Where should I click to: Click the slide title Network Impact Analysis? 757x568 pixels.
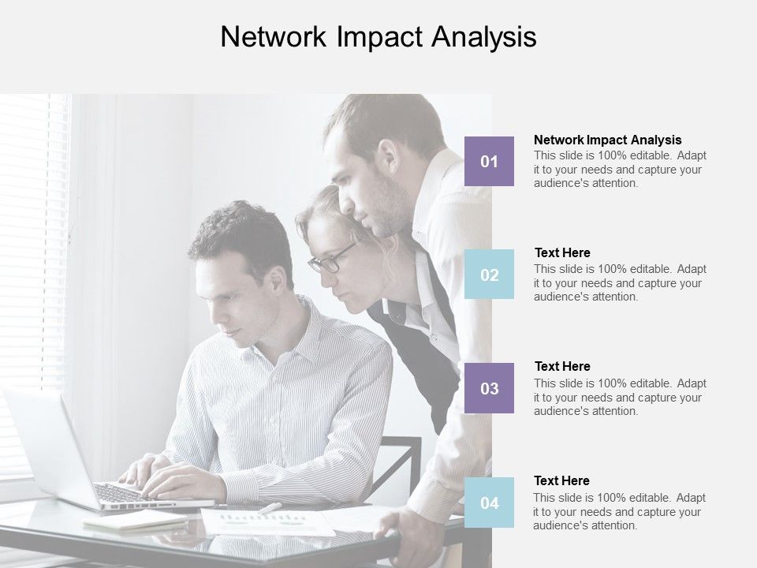click(378, 37)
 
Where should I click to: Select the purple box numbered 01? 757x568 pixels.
click(489, 161)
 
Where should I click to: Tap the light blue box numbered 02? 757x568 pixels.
click(489, 275)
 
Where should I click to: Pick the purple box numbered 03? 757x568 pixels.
click(489, 388)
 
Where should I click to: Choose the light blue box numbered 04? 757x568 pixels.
click(489, 503)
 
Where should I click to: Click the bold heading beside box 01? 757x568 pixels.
click(607, 140)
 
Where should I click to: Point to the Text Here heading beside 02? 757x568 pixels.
click(562, 252)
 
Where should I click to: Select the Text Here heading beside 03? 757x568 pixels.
click(562, 366)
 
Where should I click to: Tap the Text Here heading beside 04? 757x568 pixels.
click(562, 480)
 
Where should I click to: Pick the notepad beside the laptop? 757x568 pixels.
click(134, 521)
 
